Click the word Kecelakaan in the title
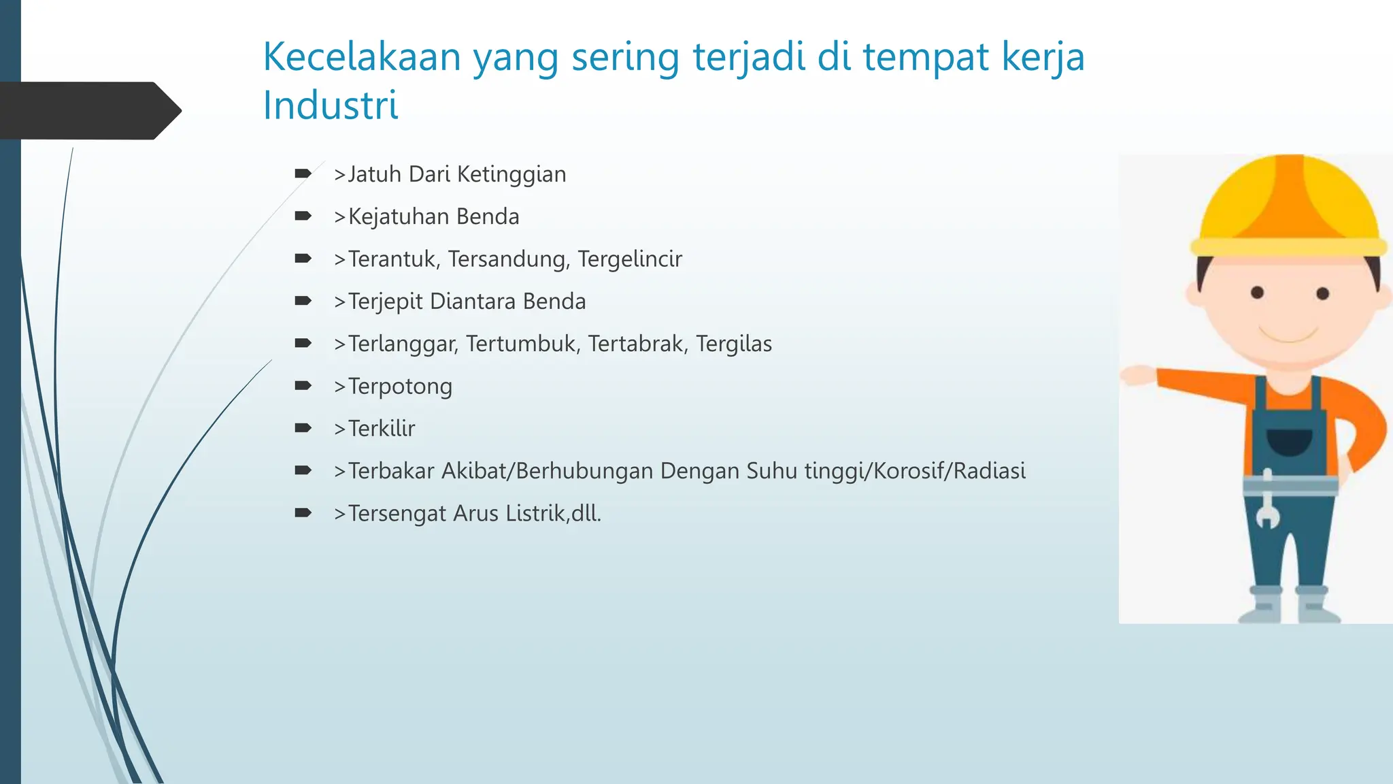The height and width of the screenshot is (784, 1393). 362,57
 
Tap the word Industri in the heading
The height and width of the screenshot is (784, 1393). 331,106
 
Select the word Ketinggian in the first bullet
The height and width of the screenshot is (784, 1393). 511,175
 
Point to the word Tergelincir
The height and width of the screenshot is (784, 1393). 630,259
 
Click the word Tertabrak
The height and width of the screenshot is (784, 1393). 635,344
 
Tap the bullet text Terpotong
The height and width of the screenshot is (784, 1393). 400,387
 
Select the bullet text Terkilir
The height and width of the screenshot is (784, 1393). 381,429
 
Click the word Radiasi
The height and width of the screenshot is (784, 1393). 989,471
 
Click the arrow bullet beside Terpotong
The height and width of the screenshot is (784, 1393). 303,386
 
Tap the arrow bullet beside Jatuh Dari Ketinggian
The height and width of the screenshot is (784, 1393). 303,174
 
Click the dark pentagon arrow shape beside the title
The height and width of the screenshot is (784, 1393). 88,111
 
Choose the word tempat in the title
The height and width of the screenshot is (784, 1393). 925,57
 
